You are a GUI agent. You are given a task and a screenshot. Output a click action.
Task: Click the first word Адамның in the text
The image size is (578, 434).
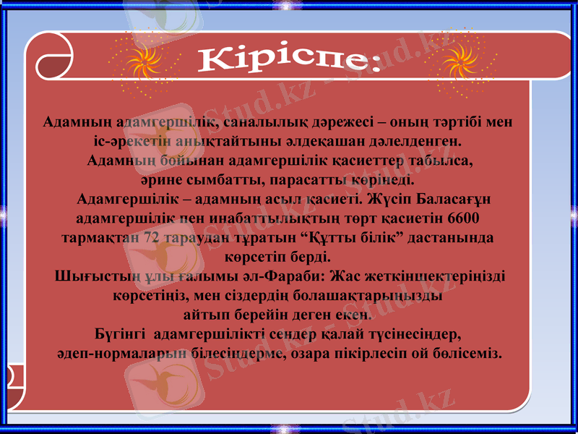coord(68,121)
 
